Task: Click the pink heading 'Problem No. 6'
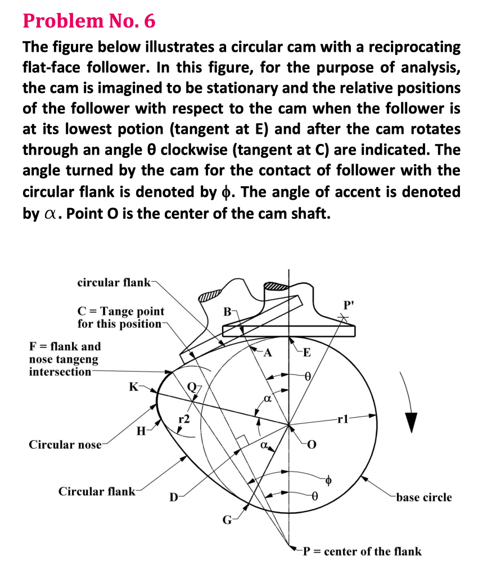point(89,21)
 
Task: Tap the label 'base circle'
point(423,497)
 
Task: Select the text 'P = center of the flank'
point(362,551)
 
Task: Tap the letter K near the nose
point(133,386)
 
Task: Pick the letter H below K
point(141,432)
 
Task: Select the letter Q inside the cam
point(193,386)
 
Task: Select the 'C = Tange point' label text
point(121,311)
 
